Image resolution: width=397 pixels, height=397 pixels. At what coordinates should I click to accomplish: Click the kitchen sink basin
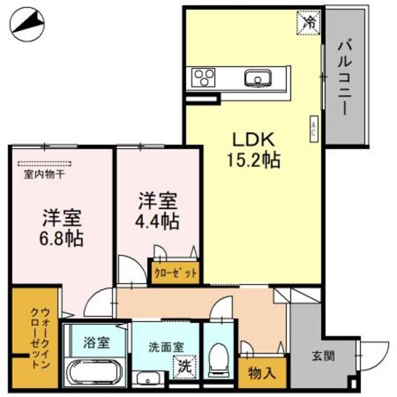click(256, 79)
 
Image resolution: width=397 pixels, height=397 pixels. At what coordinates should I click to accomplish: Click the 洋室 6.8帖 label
click(63, 228)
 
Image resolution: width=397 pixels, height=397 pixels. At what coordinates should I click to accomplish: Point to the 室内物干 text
click(45, 175)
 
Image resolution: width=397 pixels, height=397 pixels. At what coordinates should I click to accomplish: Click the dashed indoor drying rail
click(45, 164)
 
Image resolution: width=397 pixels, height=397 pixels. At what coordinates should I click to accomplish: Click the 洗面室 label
click(166, 347)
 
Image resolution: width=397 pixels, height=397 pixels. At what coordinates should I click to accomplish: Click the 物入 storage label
click(262, 373)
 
